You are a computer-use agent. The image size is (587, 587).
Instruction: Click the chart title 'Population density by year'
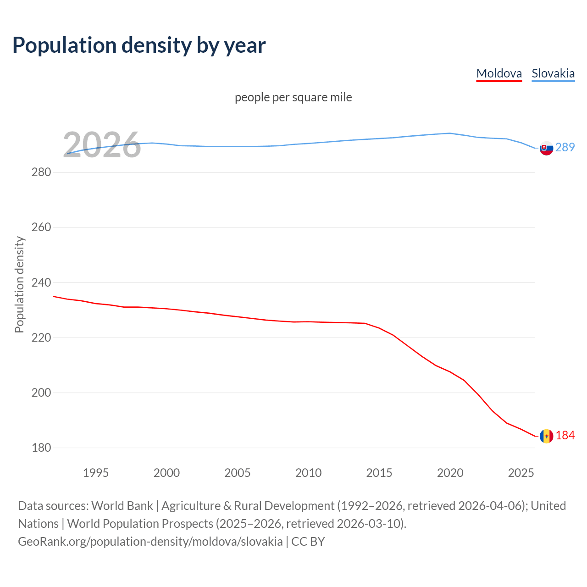pos(139,45)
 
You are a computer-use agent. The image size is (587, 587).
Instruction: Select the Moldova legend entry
pos(499,73)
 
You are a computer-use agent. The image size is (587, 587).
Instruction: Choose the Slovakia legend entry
pos(553,73)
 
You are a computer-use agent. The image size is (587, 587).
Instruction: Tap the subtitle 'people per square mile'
pos(293,97)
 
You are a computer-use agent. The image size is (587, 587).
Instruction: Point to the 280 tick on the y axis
pos(41,172)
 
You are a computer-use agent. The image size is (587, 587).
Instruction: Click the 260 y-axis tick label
pos(41,227)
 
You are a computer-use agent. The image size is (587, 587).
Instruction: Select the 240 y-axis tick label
pos(41,282)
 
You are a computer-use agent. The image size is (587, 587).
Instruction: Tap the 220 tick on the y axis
pos(41,338)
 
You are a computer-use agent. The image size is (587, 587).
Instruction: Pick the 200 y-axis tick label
pos(41,393)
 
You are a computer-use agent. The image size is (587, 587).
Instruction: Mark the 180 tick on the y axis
pos(41,448)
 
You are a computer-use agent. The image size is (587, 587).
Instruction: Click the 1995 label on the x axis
pos(96,473)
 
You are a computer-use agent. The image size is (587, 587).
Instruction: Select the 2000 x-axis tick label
pos(166,473)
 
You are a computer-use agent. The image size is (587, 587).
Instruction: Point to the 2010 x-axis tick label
pos(308,473)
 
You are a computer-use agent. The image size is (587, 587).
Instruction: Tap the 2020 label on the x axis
pos(450,473)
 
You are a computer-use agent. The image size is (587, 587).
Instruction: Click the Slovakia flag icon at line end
pos(546,148)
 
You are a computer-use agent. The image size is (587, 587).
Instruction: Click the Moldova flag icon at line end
pos(546,436)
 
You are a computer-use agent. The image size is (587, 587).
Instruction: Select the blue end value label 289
pos(565,147)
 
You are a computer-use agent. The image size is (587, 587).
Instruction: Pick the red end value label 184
pos(565,435)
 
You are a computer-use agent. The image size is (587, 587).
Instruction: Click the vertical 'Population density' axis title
pos(19,284)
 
